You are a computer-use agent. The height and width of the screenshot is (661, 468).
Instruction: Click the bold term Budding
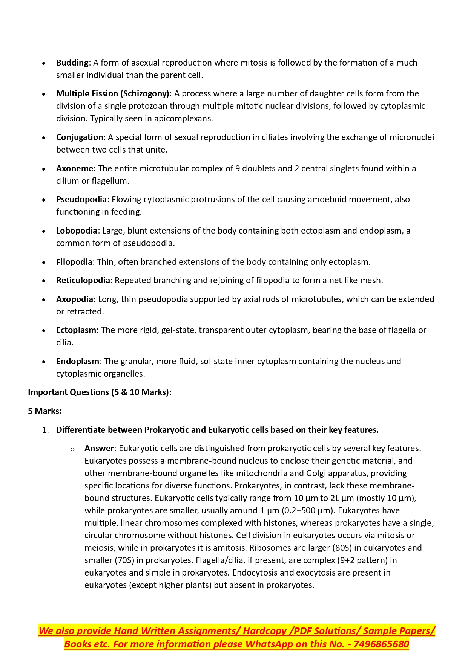(72, 63)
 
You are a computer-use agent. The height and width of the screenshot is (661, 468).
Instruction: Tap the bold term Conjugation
(80, 137)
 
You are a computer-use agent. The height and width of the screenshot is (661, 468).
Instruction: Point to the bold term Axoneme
(74, 168)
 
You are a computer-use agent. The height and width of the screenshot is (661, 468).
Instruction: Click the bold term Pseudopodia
(82, 199)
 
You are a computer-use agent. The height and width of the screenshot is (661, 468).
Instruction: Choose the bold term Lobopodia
(77, 231)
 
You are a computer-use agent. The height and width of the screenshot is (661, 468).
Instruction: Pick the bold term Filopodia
(74, 262)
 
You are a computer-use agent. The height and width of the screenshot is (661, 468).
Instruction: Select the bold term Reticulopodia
(83, 280)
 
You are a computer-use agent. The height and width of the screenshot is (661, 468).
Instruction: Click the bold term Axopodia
(74, 299)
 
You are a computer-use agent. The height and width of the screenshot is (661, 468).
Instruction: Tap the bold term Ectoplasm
(76, 330)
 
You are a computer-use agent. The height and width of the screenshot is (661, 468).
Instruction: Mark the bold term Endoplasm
(78, 361)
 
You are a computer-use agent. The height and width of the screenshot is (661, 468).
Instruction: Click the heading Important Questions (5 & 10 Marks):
(100, 392)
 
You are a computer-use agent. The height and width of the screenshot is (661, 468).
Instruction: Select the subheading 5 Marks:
(45, 411)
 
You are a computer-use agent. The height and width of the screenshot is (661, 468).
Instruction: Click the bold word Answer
(99, 448)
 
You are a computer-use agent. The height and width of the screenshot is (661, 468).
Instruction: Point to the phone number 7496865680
(381, 644)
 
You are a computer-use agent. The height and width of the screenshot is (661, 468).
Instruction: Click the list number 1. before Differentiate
(45, 430)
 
